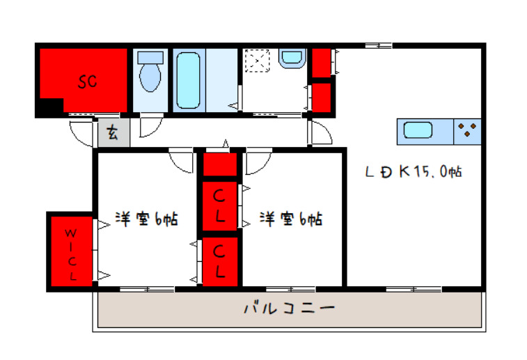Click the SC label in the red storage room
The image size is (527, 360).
tap(87, 82)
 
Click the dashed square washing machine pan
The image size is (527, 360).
tap(259, 61)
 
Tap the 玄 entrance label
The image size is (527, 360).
tap(113, 133)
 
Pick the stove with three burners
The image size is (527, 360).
tap(467, 131)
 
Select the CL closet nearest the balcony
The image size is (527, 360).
tap(220, 261)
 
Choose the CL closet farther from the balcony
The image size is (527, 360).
tap(220, 205)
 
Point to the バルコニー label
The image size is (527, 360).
tap(289, 308)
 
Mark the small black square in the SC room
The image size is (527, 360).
tap(49, 107)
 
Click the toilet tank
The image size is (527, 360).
tap(149, 57)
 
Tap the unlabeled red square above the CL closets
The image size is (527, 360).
tap(220, 164)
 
